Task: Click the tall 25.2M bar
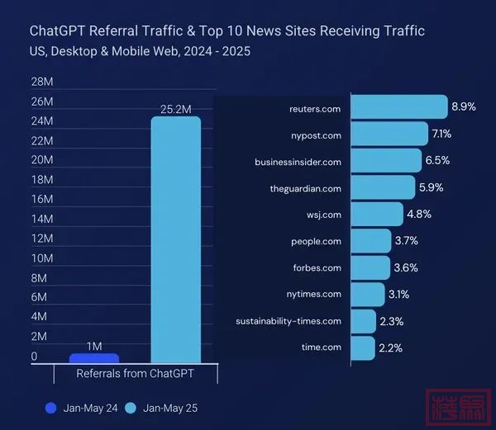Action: [x=175, y=239]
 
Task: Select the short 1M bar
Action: [x=94, y=358]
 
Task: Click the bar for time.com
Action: [x=363, y=347]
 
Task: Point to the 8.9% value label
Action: [x=464, y=107]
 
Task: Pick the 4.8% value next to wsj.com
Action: [x=418, y=214]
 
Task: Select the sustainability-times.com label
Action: [x=288, y=321]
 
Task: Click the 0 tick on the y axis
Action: [x=35, y=357]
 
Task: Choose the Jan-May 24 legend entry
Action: [x=83, y=408]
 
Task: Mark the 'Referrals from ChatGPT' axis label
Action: [x=135, y=374]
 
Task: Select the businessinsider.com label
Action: [x=298, y=162]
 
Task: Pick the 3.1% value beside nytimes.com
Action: [x=398, y=294]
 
